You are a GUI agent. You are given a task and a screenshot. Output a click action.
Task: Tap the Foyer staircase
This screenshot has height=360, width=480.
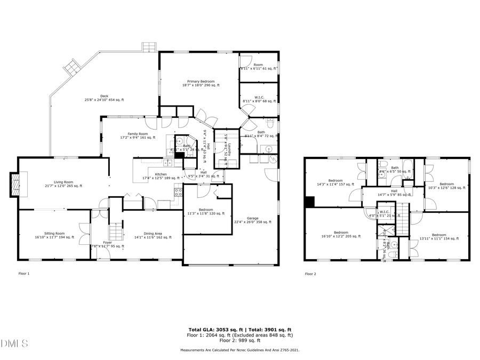[x=115, y=232]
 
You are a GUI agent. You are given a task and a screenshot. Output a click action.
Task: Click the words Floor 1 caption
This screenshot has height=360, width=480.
[x=24, y=274]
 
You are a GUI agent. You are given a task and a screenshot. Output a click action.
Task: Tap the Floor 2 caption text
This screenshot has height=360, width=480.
[x=310, y=274]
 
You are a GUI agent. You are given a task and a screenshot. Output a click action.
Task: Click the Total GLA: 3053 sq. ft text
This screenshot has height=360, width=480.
[x=211, y=330]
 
